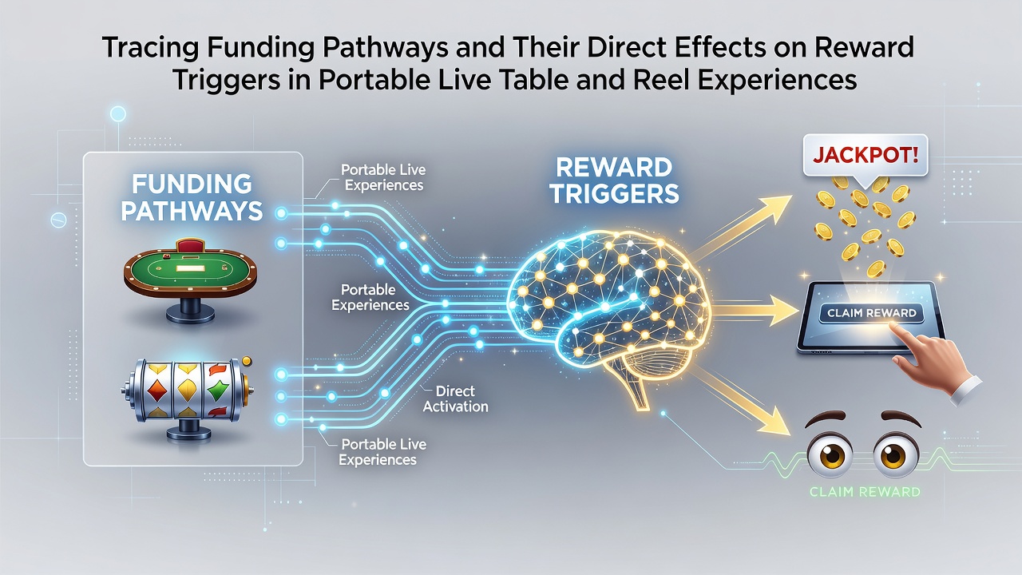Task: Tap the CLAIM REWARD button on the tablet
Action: pos(871,313)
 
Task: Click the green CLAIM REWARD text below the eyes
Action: pos(865,491)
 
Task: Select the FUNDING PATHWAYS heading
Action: pos(192,197)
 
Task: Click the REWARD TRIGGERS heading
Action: pos(614,180)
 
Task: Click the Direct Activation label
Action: pos(455,399)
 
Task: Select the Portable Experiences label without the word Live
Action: pos(370,297)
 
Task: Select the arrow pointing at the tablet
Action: pos(755,311)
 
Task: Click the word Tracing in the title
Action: pos(150,47)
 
